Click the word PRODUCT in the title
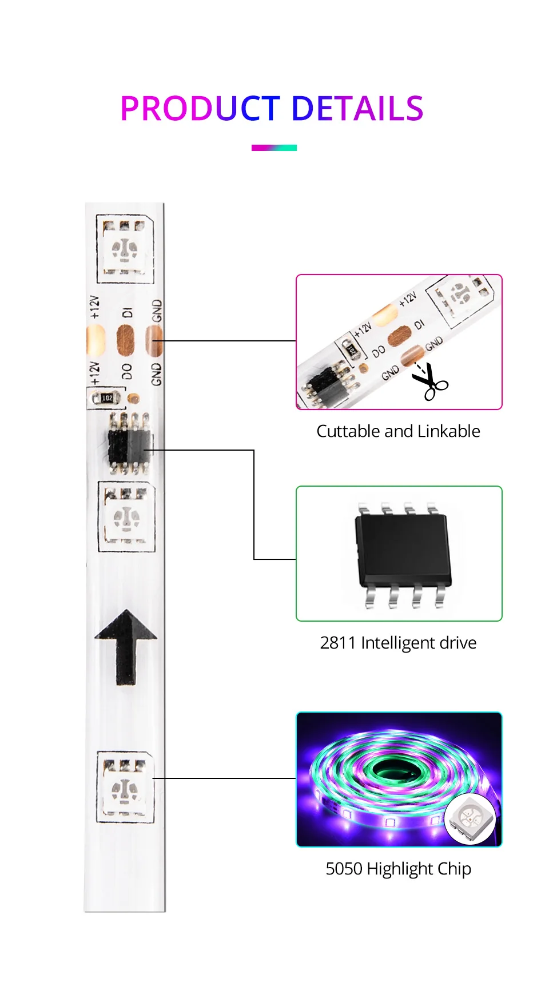click(200, 109)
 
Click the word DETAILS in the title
click(357, 109)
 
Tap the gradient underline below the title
click(274, 148)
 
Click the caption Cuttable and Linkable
click(398, 431)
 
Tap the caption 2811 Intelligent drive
click(398, 643)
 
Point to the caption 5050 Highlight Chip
click(398, 869)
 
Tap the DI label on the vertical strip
click(128, 312)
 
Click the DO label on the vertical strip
click(127, 371)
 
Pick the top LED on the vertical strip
click(125, 249)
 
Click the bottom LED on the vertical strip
click(125, 788)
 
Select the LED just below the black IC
click(126, 517)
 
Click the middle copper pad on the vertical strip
click(125, 340)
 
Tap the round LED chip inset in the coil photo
click(470, 819)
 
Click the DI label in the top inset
click(419, 324)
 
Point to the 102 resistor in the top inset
click(351, 348)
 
